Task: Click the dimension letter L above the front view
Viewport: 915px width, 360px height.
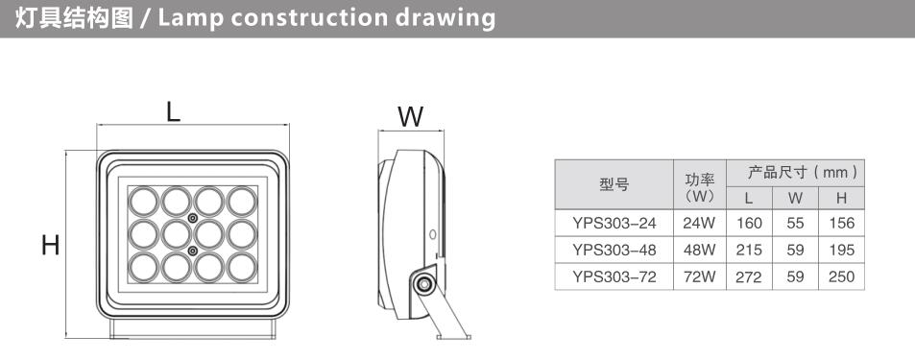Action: pyautogui.click(x=173, y=111)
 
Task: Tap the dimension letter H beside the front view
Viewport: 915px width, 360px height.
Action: pyautogui.click(x=51, y=245)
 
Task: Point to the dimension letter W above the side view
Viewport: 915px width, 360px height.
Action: pyautogui.click(x=411, y=117)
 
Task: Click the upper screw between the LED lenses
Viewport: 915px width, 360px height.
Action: pyautogui.click(x=193, y=218)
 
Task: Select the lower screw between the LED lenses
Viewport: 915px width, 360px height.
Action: pyautogui.click(x=193, y=251)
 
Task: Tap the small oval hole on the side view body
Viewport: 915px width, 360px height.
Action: pyautogui.click(x=432, y=234)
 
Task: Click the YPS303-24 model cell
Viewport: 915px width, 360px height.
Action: pyautogui.click(x=614, y=223)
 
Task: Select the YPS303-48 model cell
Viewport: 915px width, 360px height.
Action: pyautogui.click(x=614, y=250)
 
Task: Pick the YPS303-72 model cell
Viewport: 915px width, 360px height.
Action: pyautogui.click(x=614, y=276)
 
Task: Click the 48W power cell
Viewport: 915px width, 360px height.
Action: pyautogui.click(x=700, y=250)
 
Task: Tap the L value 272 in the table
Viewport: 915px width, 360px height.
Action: pyautogui.click(x=749, y=276)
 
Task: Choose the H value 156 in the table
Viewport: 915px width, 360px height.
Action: pyautogui.click(x=841, y=223)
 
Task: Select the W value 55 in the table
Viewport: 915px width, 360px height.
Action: pyautogui.click(x=795, y=223)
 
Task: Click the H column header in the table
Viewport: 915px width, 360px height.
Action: pyautogui.click(x=841, y=198)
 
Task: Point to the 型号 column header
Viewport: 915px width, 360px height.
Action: pyautogui.click(x=614, y=185)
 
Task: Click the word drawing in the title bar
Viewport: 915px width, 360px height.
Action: pyautogui.click(x=445, y=18)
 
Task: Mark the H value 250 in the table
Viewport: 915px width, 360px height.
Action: pyautogui.click(x=841, y=276)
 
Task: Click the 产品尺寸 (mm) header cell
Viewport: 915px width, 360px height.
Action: pyautogui.click(x=795, y=173)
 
